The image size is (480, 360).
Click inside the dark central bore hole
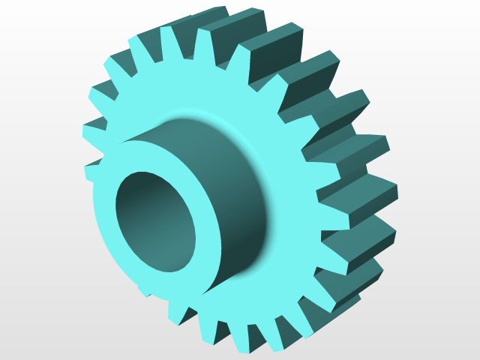tap(154, 221)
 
